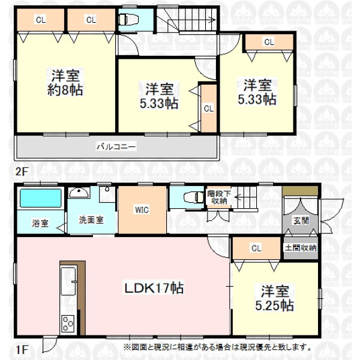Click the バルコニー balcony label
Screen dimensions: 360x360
point(116,146)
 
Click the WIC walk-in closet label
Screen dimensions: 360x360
point(142,210)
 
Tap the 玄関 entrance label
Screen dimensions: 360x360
point(301,221)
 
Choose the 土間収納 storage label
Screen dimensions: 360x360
point(301,248)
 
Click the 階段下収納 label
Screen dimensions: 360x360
point(219,197)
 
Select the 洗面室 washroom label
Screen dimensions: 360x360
point(91,220)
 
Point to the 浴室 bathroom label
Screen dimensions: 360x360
point(40,223)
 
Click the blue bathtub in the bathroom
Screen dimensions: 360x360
point(41,198)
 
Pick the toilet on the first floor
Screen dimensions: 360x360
point(194,197)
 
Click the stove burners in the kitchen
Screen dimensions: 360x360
point(68,324)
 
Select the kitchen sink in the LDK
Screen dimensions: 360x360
point(68,281)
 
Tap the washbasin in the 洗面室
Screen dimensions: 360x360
point(79,193)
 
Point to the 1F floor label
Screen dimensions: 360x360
point(22,350)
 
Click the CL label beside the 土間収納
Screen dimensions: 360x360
point(256,248)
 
